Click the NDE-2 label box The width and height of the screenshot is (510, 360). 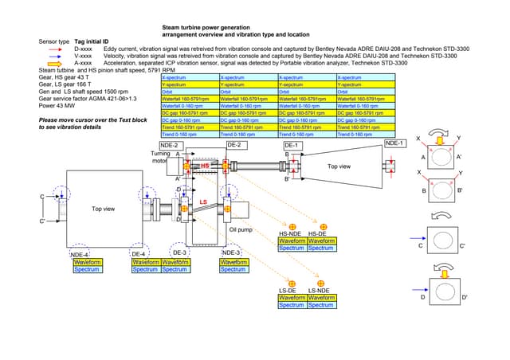(x=169, y=146)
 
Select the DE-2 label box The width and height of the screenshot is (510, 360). (x=235, y=146)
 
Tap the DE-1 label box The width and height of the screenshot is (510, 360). (x=292, y=146)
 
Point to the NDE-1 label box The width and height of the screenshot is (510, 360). (x=395, y=143)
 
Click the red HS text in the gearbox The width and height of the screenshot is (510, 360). (x=204, y=165)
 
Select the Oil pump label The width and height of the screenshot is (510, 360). (x=241, y=229)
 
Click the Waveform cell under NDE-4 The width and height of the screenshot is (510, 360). (x=87, y=261)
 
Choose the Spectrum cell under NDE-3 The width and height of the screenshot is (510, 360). (x=233, y=269)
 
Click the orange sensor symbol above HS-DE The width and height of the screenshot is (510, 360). (x=321, y=226)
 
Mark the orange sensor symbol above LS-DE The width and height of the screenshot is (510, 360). (x=292, y=284)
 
